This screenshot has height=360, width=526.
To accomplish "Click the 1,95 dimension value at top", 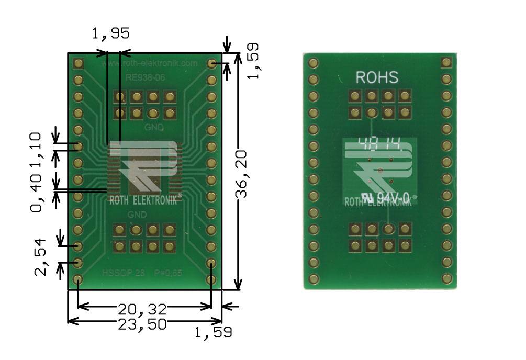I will [x=110, y=35].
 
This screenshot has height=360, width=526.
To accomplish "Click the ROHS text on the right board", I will [x=377, y=78].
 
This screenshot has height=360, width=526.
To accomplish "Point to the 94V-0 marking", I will [x=393, y=198].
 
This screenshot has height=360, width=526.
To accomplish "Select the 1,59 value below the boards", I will [x=213, y=332].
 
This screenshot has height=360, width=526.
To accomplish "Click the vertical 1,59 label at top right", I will [x=253, y=62].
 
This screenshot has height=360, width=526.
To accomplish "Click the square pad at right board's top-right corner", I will [x=446, y=63].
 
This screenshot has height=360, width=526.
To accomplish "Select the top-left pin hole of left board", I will [x=79, y=63].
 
